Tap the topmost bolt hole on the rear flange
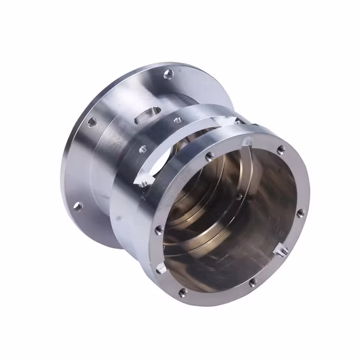[168, 73]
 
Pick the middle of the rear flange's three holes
[92, 121]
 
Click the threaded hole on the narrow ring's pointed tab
[142, 185]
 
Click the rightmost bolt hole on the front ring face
[300, 213]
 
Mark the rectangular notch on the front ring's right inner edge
[283, 249]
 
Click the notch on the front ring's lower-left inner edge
[162, 268]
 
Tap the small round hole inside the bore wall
[239, 196]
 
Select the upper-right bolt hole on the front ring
[281, 150]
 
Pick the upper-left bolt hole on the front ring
[209, 156]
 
